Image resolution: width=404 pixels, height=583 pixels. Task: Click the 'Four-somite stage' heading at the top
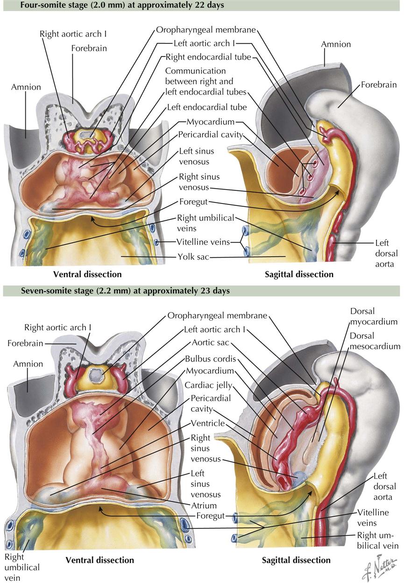(114, 5)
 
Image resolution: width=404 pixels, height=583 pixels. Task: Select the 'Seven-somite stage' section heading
(117, 291)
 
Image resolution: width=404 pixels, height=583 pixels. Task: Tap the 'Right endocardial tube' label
(208, 57)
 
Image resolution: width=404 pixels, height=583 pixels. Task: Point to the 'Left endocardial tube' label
(207, 107)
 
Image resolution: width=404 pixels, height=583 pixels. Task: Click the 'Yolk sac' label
(193, 256)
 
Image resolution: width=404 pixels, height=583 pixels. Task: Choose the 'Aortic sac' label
(210, 342)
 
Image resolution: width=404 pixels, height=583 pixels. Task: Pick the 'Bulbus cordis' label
(211, 359)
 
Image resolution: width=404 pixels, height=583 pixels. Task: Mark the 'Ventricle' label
(207, 423)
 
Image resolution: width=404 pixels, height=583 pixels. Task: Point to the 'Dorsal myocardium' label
(374, 316)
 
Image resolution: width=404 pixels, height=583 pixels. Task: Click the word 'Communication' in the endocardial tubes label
(195, 71)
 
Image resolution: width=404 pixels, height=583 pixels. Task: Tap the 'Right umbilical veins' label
(205, 223)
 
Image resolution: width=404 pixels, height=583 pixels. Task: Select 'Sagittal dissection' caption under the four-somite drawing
(299, 274)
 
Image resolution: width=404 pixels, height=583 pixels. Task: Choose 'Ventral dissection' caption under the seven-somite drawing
(99, 560)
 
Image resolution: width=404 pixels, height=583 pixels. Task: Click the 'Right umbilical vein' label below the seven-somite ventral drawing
(22, 567)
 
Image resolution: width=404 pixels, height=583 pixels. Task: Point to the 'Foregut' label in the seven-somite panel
(212, 516)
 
